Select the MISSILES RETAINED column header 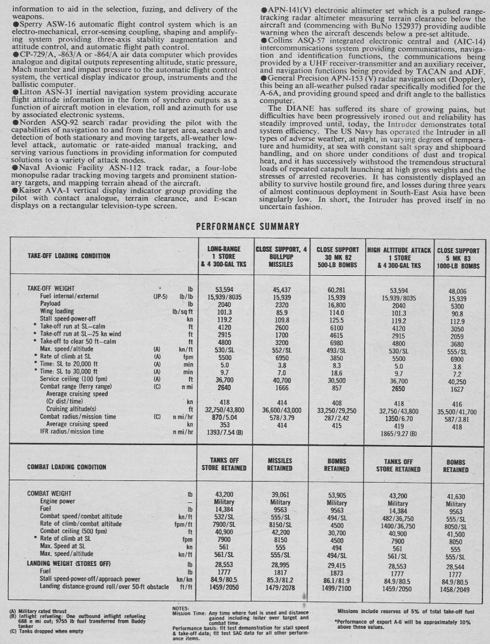(280, 464)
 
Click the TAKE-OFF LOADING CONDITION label (69, 256)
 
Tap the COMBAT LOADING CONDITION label (67, 466)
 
